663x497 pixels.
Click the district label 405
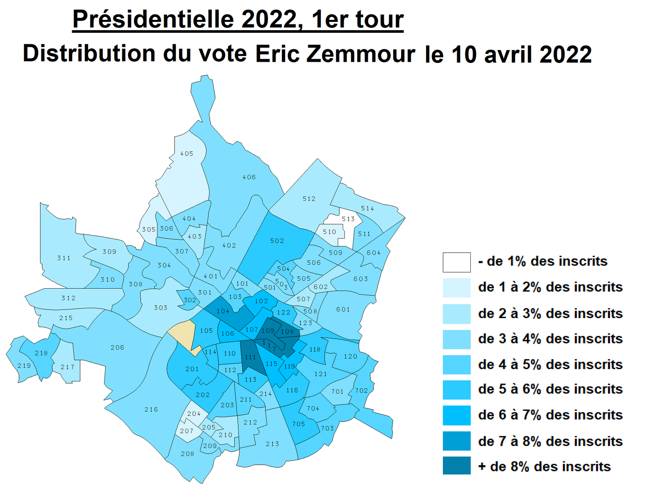point(186,154)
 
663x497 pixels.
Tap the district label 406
point(249,177)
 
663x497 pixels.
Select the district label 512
point(309,199)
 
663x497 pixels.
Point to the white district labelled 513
point(348,219)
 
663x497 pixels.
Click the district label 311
point(64,258)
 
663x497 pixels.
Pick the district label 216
point(151,409)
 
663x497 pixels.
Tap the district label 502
point(277,241)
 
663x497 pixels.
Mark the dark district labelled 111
point(250,357)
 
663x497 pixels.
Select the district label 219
point(24,366)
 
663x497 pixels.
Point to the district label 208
point(187,454)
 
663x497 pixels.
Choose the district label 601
point(343,309)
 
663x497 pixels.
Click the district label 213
point(272,444)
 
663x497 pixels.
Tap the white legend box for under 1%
point(456,262)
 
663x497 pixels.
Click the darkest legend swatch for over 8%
point(456,466)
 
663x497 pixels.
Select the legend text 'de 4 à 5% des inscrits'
point(550,364)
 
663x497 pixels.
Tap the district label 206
point(117,347)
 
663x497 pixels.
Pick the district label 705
point(298,424)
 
